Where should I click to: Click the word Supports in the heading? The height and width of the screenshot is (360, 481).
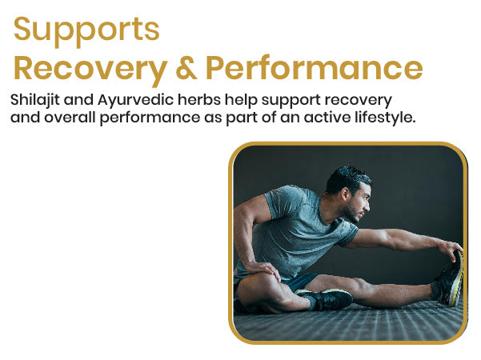point(86,30)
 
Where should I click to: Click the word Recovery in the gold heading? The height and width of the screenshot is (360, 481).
point(90,69)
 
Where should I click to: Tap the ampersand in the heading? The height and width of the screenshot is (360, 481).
point(186,67)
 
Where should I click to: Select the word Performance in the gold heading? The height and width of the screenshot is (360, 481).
point(314,67)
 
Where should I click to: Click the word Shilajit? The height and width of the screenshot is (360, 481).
point(35,100)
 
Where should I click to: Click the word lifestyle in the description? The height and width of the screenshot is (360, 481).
point(385,118)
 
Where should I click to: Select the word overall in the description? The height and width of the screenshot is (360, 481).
point(70,118)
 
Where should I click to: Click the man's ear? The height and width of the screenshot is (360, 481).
point(344,194)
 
